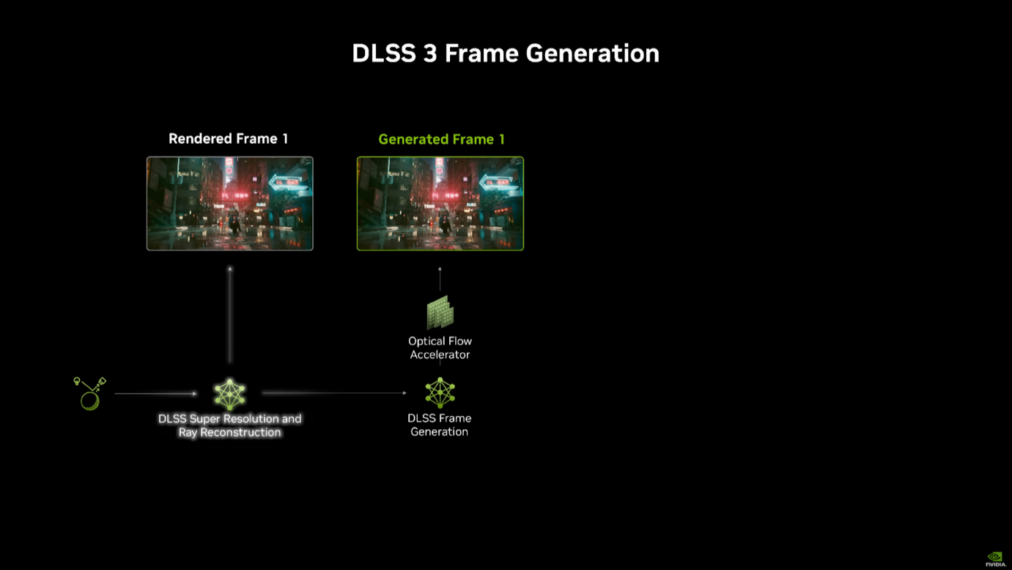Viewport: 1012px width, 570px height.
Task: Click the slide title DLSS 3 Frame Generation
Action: tap(505, 54)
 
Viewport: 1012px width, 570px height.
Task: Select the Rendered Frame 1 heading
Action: tap(228, 139)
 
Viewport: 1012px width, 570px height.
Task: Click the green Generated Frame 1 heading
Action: tap(441, 139)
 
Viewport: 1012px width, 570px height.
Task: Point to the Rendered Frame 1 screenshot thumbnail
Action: tap(229, 203)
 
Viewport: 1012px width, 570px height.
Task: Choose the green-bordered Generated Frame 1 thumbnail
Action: tap(440, 203)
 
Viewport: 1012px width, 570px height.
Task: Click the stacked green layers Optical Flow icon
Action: tap(440, 313)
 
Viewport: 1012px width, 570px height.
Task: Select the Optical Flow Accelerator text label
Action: tap(440, 348)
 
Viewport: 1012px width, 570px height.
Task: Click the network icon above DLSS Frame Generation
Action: tap(440, 393)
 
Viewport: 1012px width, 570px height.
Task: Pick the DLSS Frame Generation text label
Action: tap(440, 425)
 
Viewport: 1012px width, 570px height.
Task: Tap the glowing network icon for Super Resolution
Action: tap(229, 394)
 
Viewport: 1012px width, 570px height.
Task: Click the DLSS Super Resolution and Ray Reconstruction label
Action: tap(229, 425)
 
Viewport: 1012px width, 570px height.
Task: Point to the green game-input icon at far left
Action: tap(90, 393)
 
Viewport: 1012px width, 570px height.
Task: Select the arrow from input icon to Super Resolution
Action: tap(155, 394)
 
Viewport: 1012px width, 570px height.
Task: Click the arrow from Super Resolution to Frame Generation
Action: tap(334, 393)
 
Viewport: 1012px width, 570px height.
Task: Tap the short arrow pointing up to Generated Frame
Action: tap(440, 279)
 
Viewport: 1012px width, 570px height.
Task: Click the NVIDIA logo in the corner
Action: tap(994, 559)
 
